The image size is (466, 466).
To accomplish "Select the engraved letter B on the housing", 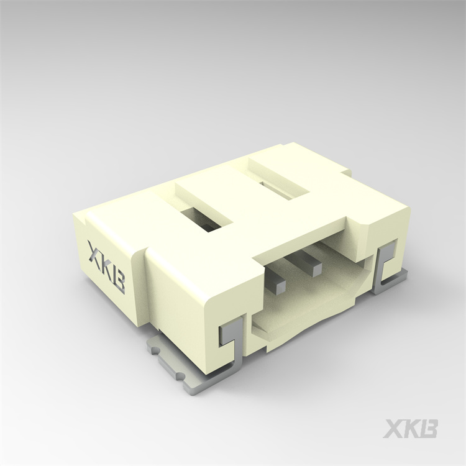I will click(x=119, y=281).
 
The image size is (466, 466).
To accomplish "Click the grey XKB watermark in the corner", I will click(x=411, y=429).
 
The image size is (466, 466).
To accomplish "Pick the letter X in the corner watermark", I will click(x=393, y=429).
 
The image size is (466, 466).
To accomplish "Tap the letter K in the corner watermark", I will click(x=411, y=429).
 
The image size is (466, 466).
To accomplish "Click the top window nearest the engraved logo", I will click(x=202, y=217).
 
